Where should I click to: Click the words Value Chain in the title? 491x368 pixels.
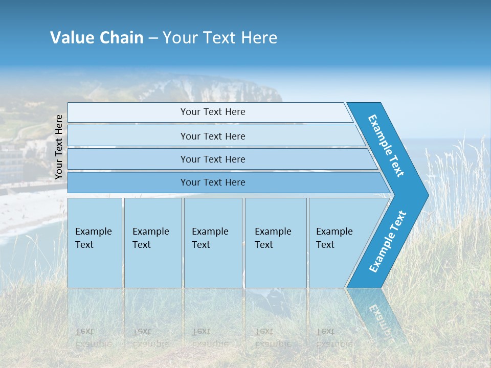(x=97, y=37)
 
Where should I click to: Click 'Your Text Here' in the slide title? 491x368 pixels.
(x=220, y=37)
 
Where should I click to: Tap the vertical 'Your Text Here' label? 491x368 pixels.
(x=59, y=147)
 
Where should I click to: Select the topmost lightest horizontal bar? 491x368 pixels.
(x=212, y=112)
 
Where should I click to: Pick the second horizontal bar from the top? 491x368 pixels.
(x=212, y=136)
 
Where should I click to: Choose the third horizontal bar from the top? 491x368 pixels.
(x=212, y=159)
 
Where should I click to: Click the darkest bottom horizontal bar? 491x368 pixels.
(x=212, y=182)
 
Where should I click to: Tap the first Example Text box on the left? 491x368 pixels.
(x=95, y=243)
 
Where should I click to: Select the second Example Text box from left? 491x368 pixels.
(x=152, y=243)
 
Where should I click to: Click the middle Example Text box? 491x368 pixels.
(x=213, y=243)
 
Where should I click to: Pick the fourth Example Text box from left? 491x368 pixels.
(x=275, y=243)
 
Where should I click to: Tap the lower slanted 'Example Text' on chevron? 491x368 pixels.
(x=388, y=241)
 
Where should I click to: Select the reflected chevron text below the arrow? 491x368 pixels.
(x=381, y=319)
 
